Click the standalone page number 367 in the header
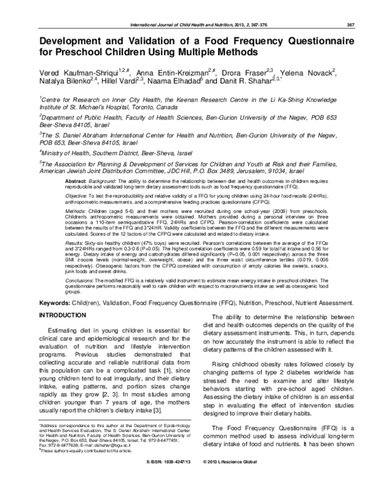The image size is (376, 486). click(351, 8)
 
